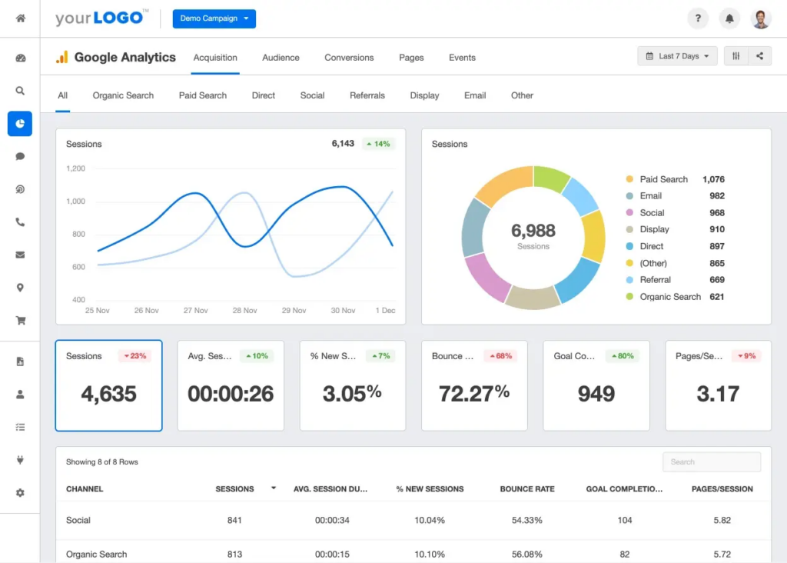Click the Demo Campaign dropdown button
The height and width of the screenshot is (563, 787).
coord(214,18)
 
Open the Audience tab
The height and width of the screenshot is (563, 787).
coord(281,58)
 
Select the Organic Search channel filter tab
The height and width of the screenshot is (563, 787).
coord(123,95)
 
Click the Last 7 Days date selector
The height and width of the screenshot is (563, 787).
coord(677,56)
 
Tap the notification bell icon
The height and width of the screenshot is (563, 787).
coord(729,18)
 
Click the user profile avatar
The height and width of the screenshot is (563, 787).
coord(760,18)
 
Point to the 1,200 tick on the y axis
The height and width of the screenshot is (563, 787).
coord(75,168)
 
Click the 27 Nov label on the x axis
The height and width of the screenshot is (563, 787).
coord(195,311)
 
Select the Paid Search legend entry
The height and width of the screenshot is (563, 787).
coord(663,179)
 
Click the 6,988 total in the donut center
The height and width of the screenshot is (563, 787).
coord(533,230)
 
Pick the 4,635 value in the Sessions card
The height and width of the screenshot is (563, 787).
coord(108,394)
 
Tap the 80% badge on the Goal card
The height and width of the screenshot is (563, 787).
coord(623,356)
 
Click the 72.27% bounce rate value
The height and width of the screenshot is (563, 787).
coord(474,394)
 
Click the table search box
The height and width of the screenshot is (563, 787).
coord(711,461)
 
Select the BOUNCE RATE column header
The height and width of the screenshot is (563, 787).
coord(526,489)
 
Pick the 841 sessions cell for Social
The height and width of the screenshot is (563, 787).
coord(234,520)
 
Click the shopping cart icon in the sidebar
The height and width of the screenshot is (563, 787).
coord(20,321)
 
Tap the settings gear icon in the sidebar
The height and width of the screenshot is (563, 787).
coord(20,492)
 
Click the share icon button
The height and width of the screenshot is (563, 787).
coord(759,56)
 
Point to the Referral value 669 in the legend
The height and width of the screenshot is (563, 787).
coord(716,280)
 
